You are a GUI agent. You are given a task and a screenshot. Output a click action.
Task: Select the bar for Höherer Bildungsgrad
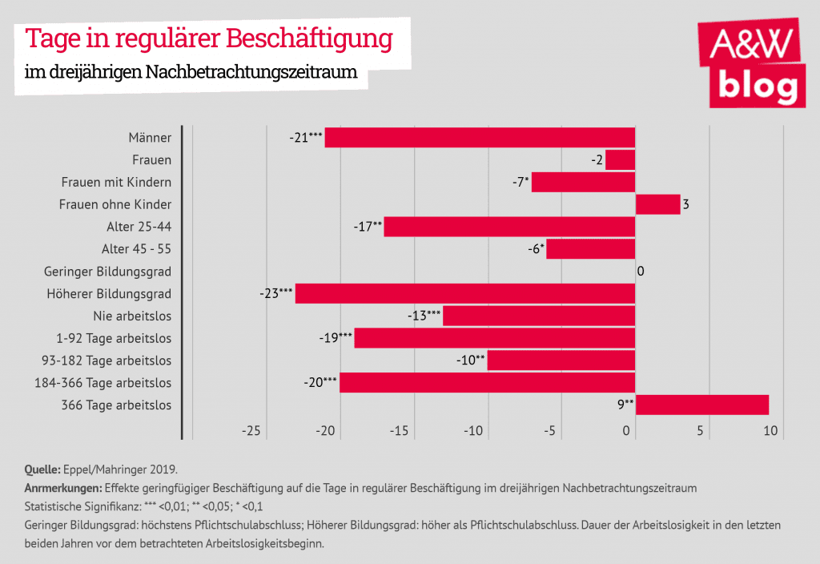click(x=464, y=293)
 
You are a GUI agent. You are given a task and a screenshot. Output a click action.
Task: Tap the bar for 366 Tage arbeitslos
click(x=701, y=405)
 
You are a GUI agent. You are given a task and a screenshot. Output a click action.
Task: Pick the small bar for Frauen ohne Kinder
click(x=657, y=204)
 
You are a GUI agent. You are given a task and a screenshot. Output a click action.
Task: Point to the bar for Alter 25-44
click(x=509, y=227)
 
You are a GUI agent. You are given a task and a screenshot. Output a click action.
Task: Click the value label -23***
click(x=276, y=293)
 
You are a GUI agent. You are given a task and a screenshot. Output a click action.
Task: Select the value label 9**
click(x=624, y=405)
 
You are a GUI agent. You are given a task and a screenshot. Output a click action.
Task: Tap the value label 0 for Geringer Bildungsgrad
click(x=641, y=271)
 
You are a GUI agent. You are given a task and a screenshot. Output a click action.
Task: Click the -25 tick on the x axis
click(x=251, y=431)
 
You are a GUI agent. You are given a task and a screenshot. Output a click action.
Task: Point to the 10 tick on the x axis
click(x=770, y=431)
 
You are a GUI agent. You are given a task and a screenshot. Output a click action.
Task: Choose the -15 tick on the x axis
click(x=399, y=431)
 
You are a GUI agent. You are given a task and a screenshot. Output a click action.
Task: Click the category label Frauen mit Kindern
click(x=116, y=182)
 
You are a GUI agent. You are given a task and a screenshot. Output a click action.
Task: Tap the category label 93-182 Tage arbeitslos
click(x=107, y=361)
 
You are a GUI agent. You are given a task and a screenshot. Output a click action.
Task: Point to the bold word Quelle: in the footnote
click(x=42, y=469)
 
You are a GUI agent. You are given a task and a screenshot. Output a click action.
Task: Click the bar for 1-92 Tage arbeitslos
click(x=494, y=338)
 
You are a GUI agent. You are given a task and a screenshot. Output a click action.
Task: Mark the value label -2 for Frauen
click(x=597, y=159)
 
